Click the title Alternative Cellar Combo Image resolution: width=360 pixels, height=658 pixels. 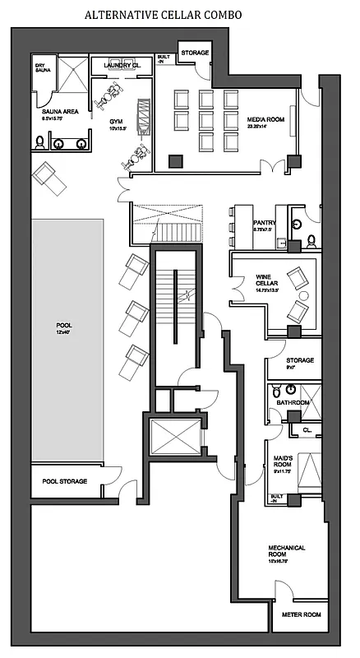[x=179, y=15]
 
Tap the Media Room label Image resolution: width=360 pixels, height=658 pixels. [x=265, y=119]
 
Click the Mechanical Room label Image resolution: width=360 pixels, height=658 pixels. [x=287, y=551]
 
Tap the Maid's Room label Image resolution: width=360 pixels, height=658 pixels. [x=284, y=463]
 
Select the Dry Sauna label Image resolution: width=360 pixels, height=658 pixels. [x=43, y=68]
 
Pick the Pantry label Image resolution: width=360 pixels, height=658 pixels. [x=264, y=222]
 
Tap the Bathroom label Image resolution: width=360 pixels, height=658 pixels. [x=293, y=402]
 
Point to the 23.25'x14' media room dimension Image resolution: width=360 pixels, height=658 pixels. [x=264, y=127]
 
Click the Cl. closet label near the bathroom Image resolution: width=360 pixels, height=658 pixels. [x=307, y=429]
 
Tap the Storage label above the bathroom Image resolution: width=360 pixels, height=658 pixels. [x=300, y=361]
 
